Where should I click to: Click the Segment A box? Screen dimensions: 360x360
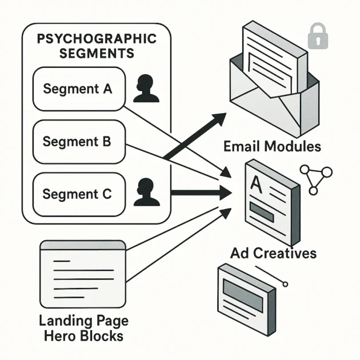pyautogui.click(x=78, y=89)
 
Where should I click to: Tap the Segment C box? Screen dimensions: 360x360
pyautogui.click(x=78, y=194)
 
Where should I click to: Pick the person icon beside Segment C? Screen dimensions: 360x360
pyautogui.click(x=146, y=193)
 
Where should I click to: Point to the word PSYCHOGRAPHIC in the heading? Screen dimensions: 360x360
pyautogui.click(x=96, y=39)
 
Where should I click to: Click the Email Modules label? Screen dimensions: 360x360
pyautogui.click(x=271, y=146)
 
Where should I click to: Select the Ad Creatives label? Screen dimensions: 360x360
pyautogui.click(x=273, y=253)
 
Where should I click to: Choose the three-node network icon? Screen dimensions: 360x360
pyautogui.click(x=317, y=178)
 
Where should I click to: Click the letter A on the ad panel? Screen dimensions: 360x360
pyautogui.click(x=255, y=183)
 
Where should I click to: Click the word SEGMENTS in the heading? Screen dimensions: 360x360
pyautogui.click(x=96, y=54)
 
